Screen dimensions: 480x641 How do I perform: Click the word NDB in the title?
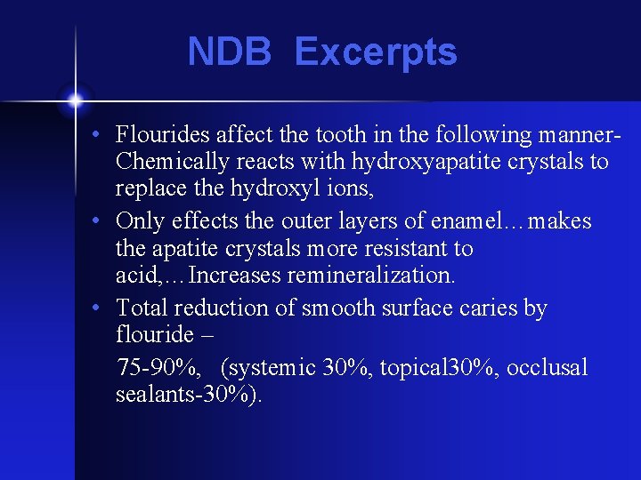coord(229,52)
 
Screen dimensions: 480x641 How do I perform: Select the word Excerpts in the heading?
coord(376,52)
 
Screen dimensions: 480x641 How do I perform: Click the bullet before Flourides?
coord(105,135)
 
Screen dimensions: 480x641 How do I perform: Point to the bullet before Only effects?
coord(105,221)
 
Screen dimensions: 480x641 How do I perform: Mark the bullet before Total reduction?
coord(105,308)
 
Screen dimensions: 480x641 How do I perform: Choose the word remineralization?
coord(372,277)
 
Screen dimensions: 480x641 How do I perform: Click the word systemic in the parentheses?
coord(273,368)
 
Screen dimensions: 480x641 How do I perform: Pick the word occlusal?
coord(548,368)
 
